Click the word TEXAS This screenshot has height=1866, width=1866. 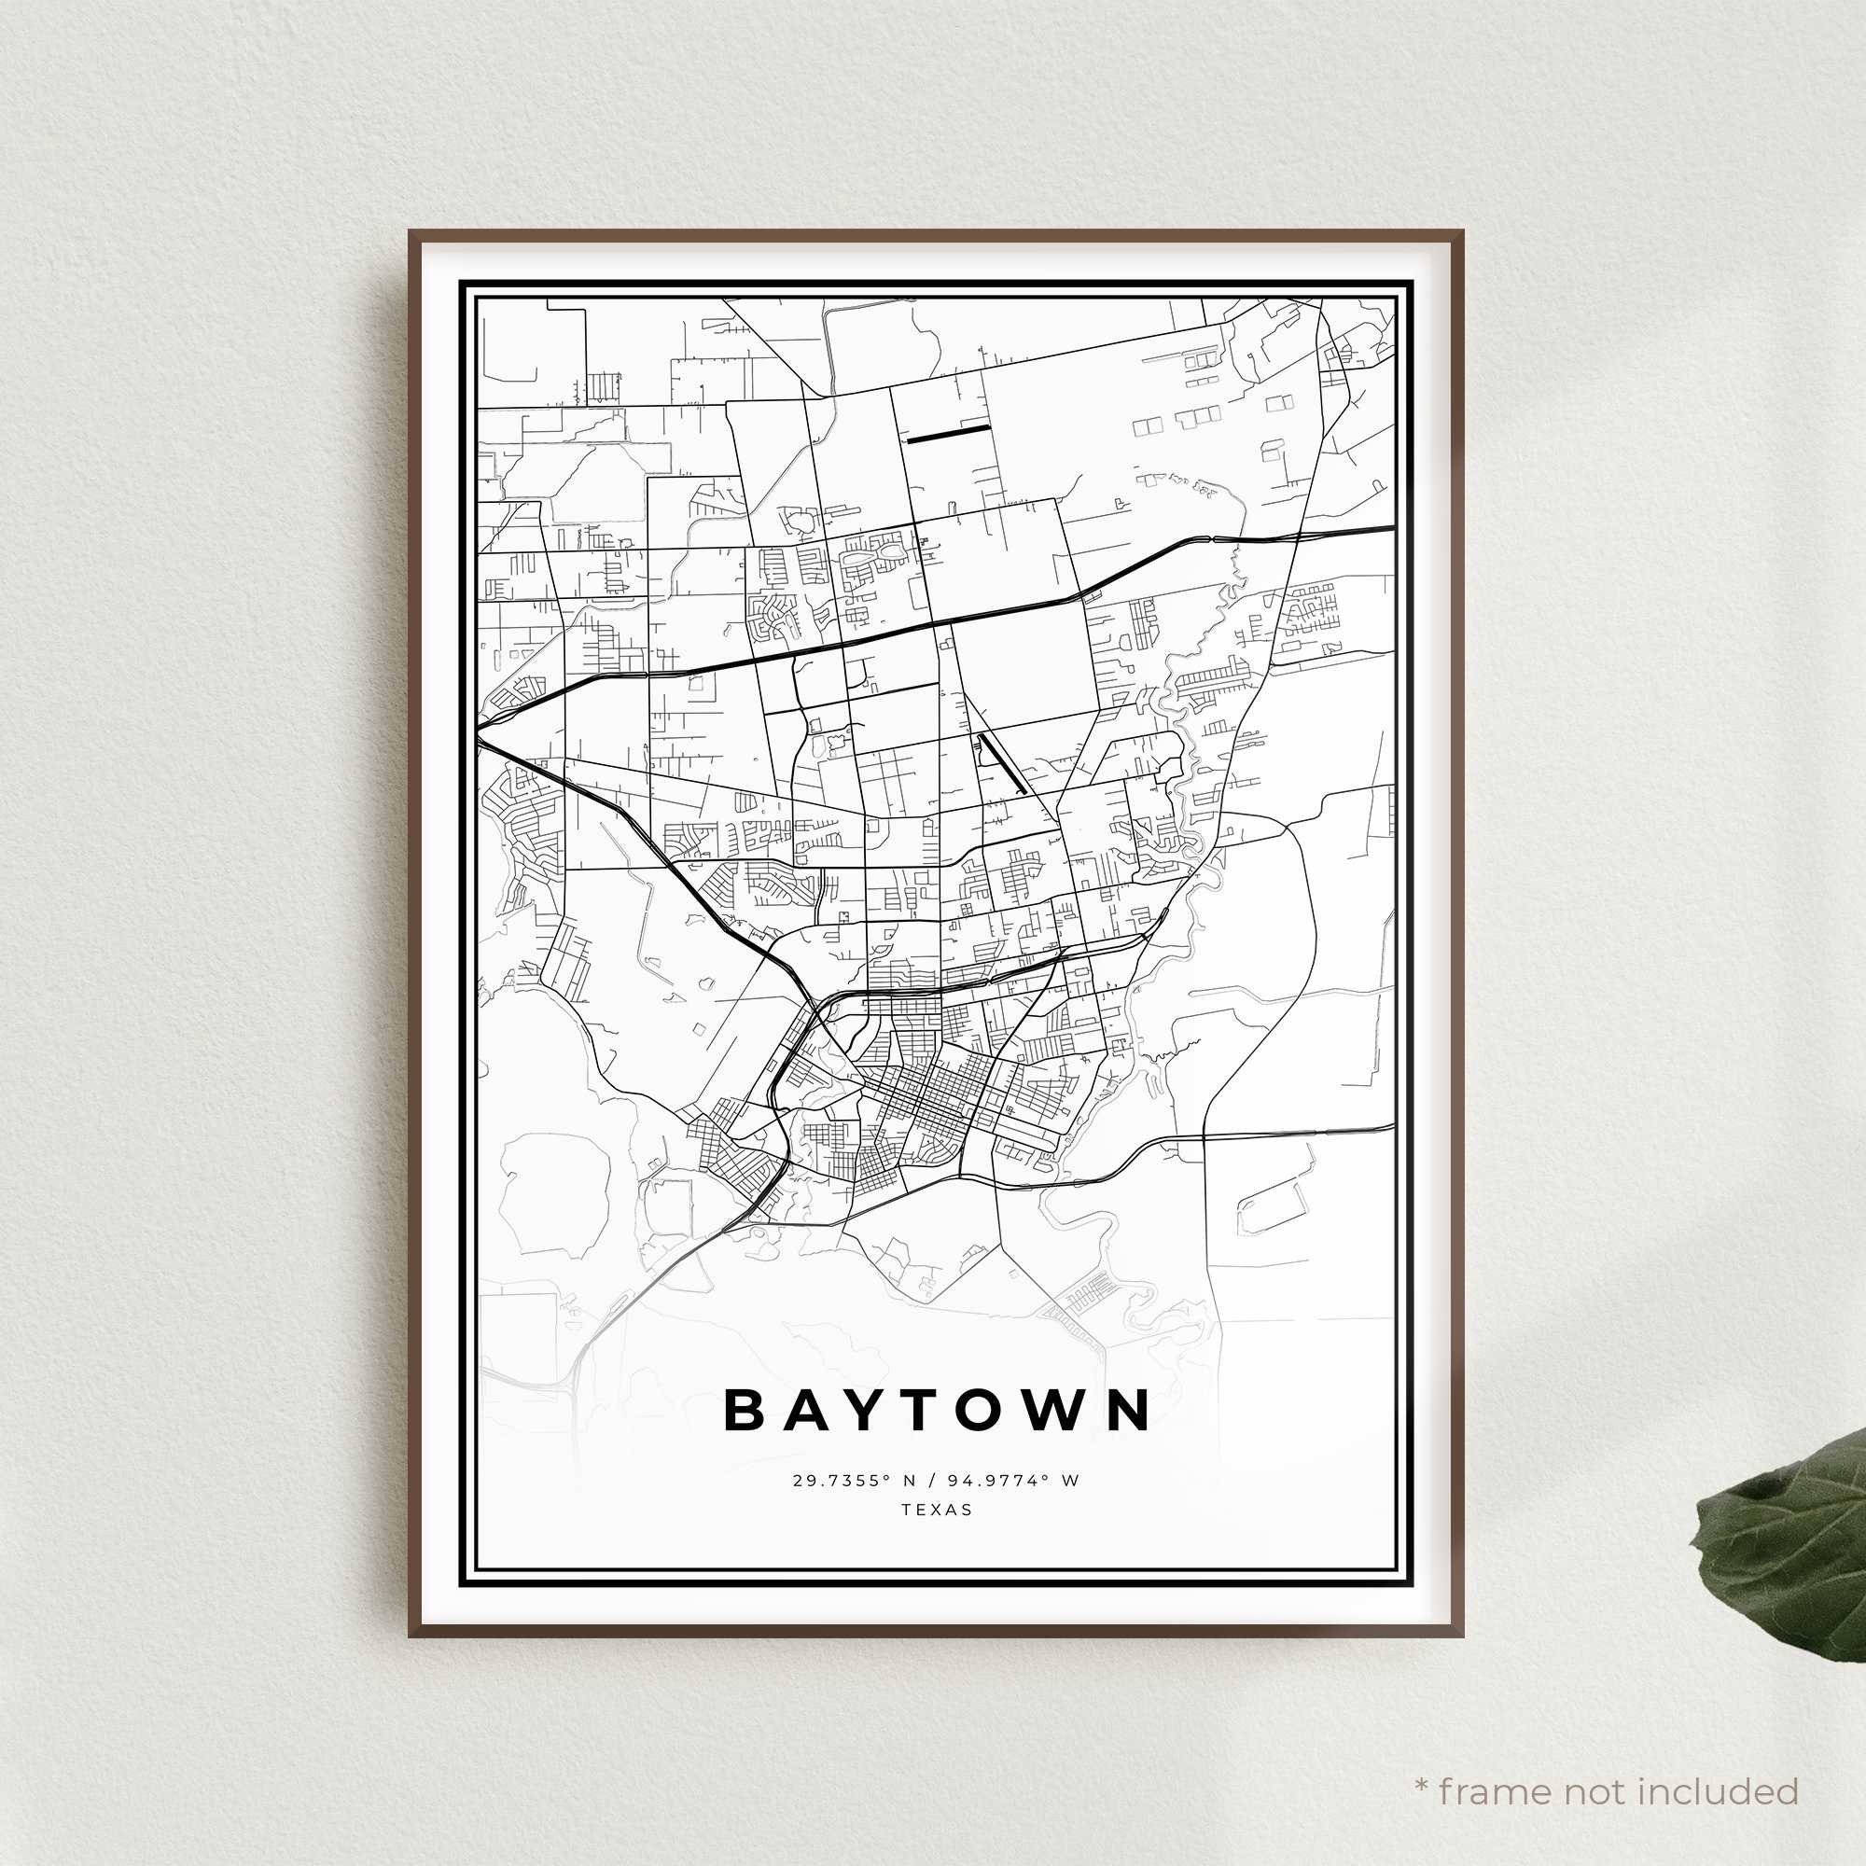pos(937,1510)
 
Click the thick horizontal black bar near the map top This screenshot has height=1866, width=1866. pos(948,435)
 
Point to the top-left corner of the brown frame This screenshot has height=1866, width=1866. pos(411,232)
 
